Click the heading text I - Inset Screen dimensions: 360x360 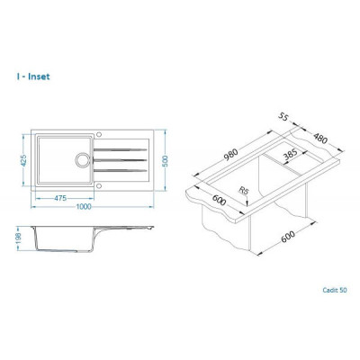33,76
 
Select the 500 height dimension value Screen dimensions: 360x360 165,161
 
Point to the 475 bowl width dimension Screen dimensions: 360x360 60,198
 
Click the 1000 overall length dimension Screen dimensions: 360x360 84,207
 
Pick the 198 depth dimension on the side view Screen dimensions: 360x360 18,238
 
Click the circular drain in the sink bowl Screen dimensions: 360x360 82,159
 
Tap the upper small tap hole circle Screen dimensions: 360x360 99,134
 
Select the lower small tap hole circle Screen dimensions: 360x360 99,186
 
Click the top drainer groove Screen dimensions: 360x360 120,149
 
